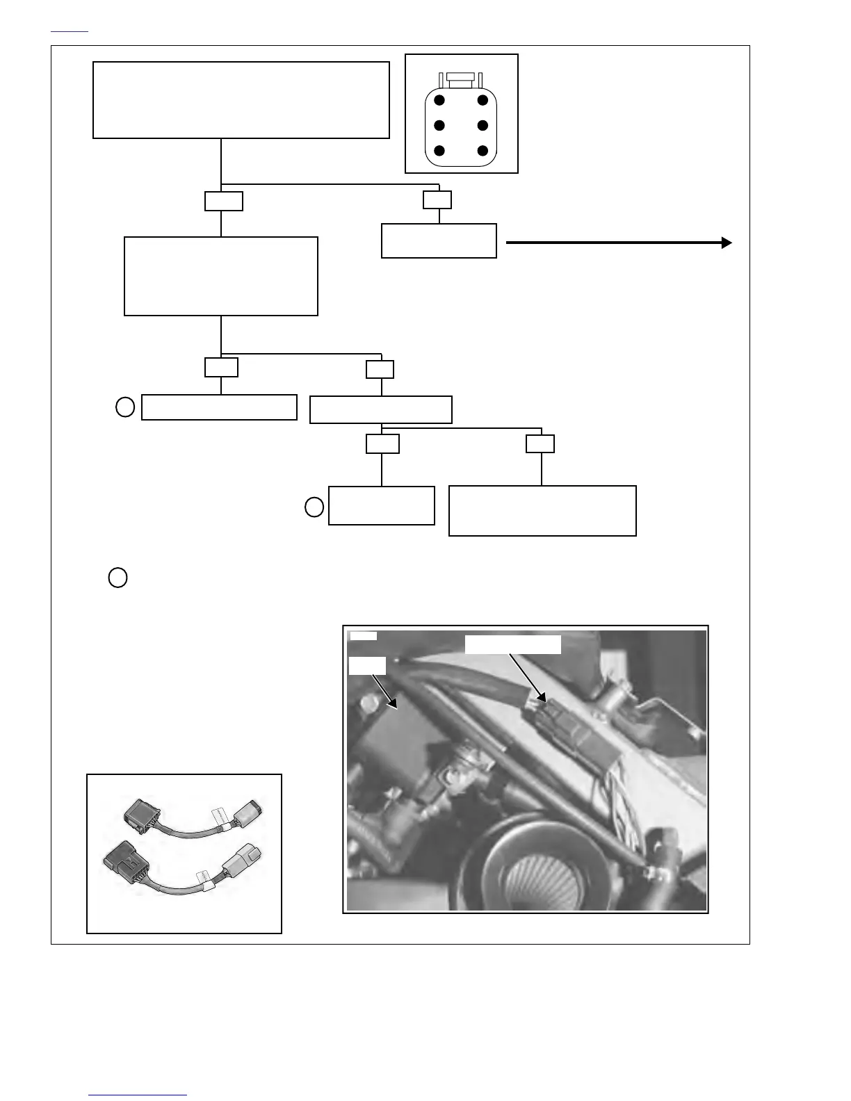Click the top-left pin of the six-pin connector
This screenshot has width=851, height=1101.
(439, 101)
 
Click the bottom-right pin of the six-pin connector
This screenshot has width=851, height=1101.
(483, 151)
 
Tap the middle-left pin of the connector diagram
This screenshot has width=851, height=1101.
(439, 126)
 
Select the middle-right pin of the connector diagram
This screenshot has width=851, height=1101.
(483, 126)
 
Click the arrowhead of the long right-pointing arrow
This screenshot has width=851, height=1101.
(727, 243)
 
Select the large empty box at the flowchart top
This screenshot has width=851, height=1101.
(241, 100)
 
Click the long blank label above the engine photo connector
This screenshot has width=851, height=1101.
(512, 644)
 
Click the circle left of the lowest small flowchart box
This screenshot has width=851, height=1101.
(314, 507)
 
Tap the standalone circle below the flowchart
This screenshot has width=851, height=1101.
(118, 578)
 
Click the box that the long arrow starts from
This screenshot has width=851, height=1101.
(439, 240)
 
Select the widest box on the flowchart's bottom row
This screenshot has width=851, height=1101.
(542, 511)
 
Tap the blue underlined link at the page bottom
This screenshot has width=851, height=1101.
(138, 1095)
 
